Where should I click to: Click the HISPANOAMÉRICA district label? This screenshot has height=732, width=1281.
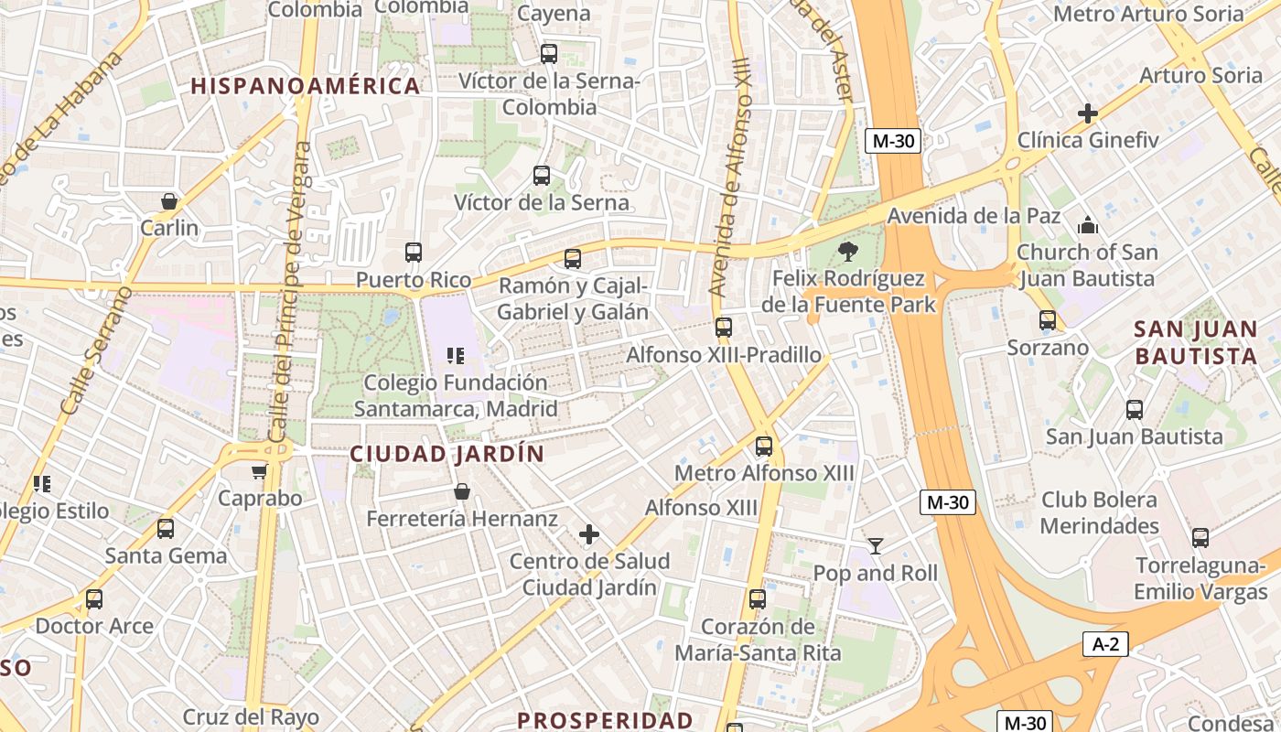coord(306,86)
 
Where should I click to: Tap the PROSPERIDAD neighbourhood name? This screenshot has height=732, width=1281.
coord(605,720)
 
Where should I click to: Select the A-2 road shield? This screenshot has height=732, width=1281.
coord(1105,644)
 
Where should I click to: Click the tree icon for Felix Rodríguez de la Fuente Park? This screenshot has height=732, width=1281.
coord(847,251)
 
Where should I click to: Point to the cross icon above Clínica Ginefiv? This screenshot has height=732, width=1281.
coord(1087,113)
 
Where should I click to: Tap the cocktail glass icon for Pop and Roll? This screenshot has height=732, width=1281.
coord(876,546)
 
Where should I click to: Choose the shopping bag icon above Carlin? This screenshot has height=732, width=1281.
coord(169,200)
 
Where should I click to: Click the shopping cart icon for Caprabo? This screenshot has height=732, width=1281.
coord(259,471)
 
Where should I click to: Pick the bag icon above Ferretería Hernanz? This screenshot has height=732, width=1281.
coord(462,491)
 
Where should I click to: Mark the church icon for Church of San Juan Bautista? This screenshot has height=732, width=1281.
coord(1087,224)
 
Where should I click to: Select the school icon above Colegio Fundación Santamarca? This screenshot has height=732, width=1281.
coord(456,355)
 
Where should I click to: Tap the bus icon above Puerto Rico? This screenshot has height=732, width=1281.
coord(414,253)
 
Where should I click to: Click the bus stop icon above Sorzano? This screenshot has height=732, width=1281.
coord(1048,320)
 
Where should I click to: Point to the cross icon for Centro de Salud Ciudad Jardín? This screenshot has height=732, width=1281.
coord(589,533)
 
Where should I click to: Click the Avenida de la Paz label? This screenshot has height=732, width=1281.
coord(974,216)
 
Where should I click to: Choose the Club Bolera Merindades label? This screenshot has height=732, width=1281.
coord(1099,512)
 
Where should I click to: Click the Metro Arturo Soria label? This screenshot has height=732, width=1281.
coord(1148,14)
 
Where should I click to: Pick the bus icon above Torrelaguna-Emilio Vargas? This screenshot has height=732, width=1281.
coord(1200,538)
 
